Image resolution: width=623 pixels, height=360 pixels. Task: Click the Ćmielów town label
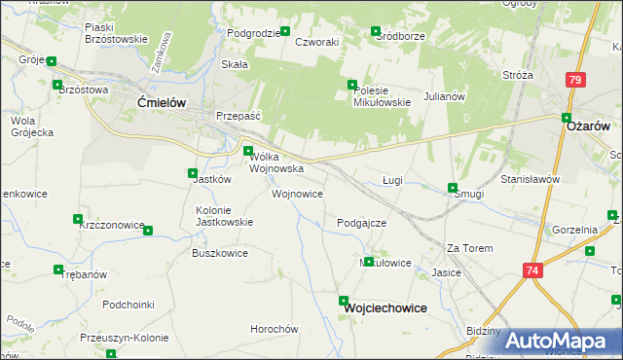pyautogui.click(x=162, y=101)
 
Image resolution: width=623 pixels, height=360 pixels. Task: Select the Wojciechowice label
pyautogui.click(x=385, y=307)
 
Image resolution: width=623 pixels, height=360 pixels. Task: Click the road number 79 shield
pyautogui.click(x=576, y=80)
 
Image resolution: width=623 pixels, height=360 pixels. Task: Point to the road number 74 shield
pyautogui.click(x=531, y=270)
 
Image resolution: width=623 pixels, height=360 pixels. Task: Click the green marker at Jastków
pyautogui.click(x=193, y=174)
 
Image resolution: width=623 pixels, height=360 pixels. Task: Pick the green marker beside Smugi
pyautogui.click(x=452, y=188)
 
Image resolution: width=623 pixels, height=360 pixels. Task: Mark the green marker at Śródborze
pyautogui.click(x=375, y=32)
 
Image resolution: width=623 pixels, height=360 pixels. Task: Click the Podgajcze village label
pyautogui.click(x=362, y=223)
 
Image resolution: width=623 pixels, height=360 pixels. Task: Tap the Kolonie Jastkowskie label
pyautogui.click(x=225, y=215)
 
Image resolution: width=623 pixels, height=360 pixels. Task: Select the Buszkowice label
pyautogui.click(x=220, y=253)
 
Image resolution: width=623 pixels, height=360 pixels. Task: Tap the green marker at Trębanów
pyautogui.click(x=59, y=270)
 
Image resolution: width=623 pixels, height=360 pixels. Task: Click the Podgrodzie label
pyautogui.click(x=253, y=33)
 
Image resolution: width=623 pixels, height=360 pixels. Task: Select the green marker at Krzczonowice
pyautogui.click(x=149, y=230)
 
